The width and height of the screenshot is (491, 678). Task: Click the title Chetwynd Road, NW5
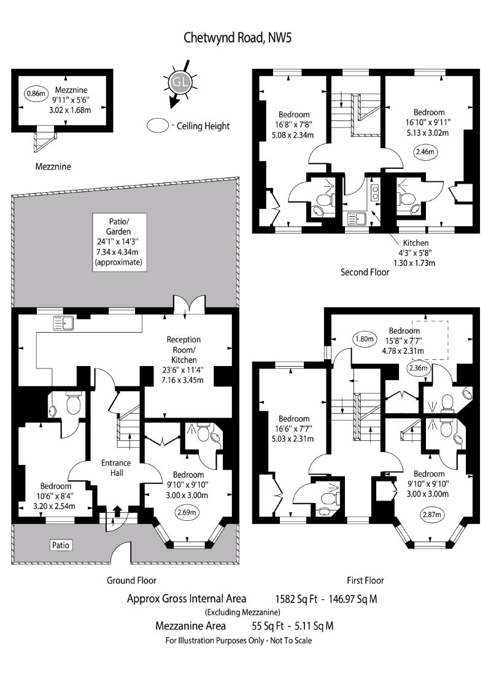pos(238,38)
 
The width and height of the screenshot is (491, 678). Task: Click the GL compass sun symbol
pos(179,81)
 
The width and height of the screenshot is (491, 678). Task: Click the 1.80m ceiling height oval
pos(363,338)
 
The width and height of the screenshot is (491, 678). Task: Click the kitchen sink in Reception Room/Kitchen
pos(63,322)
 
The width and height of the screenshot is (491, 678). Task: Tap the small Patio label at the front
pos(60,544)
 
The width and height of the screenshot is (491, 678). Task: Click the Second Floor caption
pos(365,272)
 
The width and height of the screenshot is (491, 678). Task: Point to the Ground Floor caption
pos(131,580)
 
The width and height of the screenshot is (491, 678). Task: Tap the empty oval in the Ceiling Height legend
pos(158,126)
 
